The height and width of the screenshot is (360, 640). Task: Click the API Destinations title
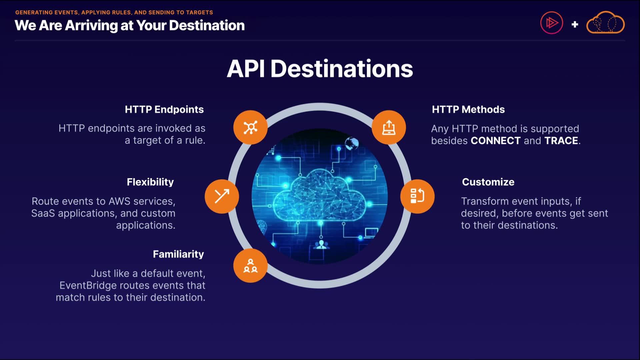pos(320,69)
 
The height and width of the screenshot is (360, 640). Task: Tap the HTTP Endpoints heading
pos(164,109)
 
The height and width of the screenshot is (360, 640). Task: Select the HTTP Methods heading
pos(468,109)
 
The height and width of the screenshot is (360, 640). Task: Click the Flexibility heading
pos(150,182)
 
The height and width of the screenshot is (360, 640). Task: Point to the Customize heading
pos(488,182)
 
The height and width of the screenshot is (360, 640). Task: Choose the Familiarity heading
pos(178,254)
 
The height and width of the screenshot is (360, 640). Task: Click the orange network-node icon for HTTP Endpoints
pos(250,127)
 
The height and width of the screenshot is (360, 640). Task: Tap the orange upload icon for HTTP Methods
pos(389,127)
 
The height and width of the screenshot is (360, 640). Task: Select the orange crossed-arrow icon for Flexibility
pos(222,196)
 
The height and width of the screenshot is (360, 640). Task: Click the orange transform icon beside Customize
pos(417,196)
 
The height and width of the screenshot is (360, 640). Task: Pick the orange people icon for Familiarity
pos(250,266)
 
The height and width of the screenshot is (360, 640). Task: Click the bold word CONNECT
pos(495,141)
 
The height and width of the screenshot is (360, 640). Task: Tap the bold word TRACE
pos(561,141)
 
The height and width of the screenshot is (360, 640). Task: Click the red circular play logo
pos(552,23)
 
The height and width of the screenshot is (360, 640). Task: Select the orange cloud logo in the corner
pos(605,23)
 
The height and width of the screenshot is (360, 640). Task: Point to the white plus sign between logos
pos(575,24)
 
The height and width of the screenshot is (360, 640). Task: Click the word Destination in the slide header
pos(207,25)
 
